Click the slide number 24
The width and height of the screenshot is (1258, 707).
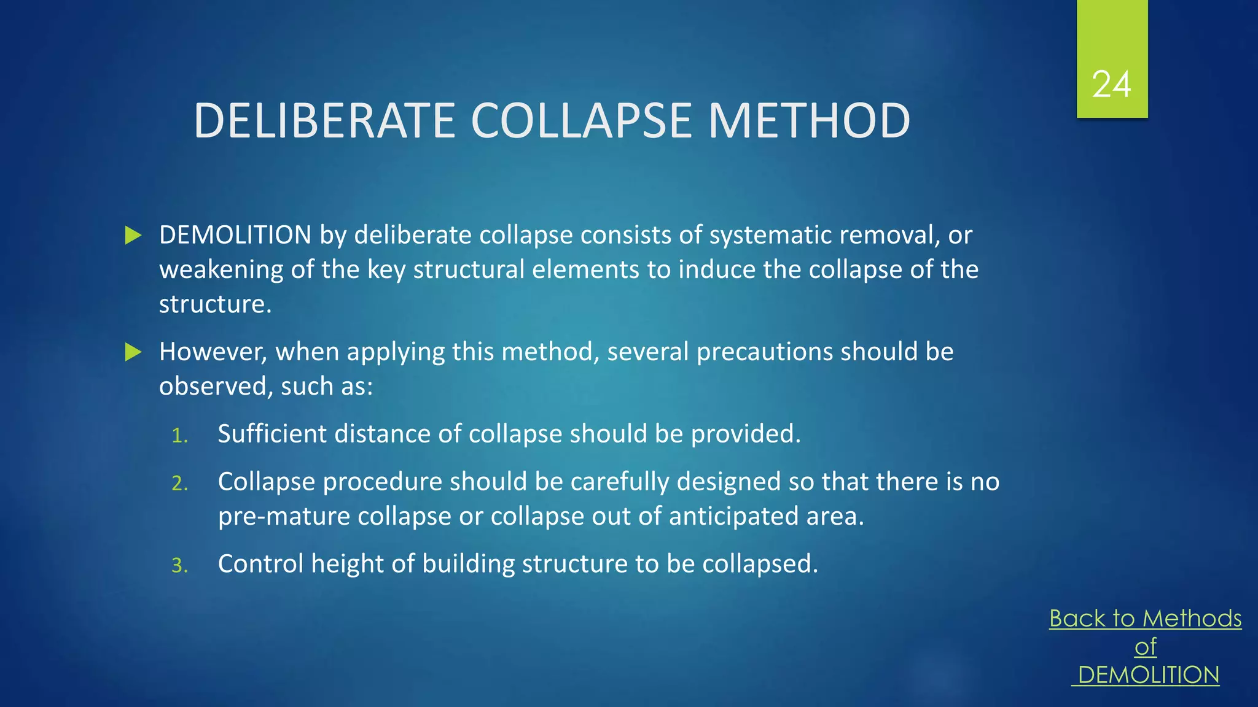1111,84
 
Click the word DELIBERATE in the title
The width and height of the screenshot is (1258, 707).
324,120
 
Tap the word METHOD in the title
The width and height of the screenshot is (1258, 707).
809,120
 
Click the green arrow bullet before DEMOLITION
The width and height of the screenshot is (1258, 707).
133,235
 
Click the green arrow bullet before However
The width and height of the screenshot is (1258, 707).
133,352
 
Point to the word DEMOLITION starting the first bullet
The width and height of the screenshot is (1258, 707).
235,235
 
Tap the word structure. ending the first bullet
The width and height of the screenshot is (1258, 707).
215,304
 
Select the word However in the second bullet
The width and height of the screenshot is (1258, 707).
213,352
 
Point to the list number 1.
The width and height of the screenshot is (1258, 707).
179,436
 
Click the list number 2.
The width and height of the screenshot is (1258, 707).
179,484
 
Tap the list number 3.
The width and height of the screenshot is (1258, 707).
179,565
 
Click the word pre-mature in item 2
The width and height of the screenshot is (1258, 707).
284,517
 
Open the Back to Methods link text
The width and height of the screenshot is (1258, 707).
1145,618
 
